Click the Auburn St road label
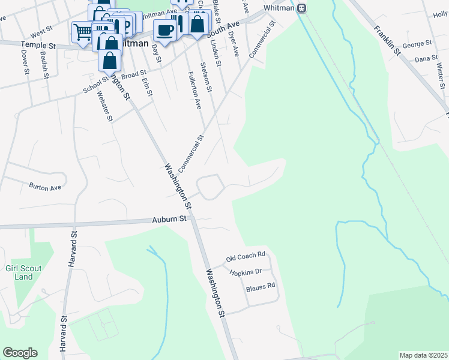point(169,220)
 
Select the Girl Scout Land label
point(23,272)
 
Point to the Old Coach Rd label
point(246,257)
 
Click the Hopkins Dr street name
point(246,272)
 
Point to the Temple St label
point(38,45)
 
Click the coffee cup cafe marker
point(164,31)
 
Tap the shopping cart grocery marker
point(83,31)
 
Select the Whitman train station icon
point(303,8)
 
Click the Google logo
point(20,353)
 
